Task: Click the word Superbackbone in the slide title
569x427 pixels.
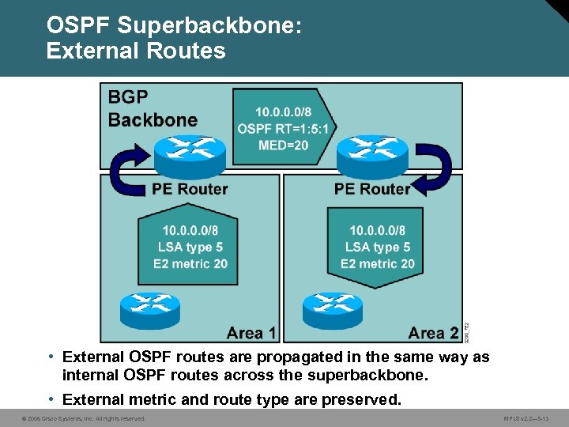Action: [x=209, y=25]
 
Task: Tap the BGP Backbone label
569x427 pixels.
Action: [x=153, y=108]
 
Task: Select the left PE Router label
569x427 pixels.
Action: [x=190, y=189]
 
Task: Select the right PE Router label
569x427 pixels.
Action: [x=371, y=189]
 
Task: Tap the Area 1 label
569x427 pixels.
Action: [x=251, y=333]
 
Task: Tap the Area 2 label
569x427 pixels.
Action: [x=433, y=333]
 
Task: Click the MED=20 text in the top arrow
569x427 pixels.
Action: [x=282, y=145]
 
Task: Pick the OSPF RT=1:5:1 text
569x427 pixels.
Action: [x=284, y=129]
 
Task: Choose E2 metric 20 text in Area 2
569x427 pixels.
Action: [x=378, y=263]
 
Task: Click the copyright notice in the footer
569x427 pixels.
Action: [x=83, y=418]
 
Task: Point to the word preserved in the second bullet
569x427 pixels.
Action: [x=367, y=399]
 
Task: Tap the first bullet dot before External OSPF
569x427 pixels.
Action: [x=51, y=357]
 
